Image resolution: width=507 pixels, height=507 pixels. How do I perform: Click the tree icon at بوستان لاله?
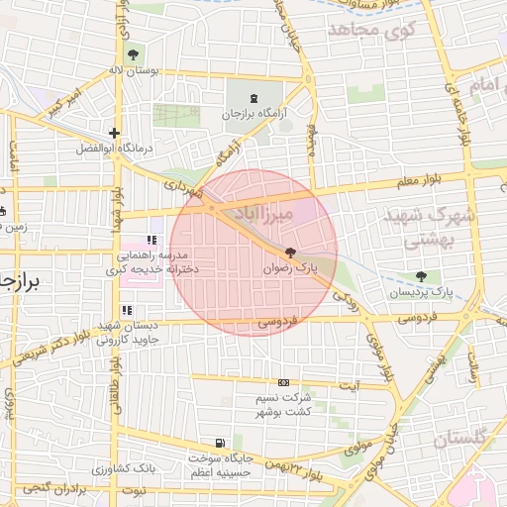[133, 53]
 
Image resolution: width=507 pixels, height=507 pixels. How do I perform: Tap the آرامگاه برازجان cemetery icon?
[254, 99]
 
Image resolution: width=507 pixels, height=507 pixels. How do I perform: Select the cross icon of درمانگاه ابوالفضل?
[115, 133]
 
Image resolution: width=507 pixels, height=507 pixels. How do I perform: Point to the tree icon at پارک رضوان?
[289, 253]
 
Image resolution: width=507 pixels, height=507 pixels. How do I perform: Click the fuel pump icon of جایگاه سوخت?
[219, 443]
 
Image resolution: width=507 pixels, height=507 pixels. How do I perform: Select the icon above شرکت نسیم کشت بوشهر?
[284, 382]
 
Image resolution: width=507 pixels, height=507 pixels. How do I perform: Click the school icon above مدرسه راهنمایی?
[152, 240]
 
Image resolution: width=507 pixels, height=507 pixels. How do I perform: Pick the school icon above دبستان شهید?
[126, 311]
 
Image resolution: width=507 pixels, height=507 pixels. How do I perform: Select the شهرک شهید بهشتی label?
[443, 227]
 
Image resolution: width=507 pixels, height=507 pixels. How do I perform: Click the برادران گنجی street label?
[46, 491]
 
